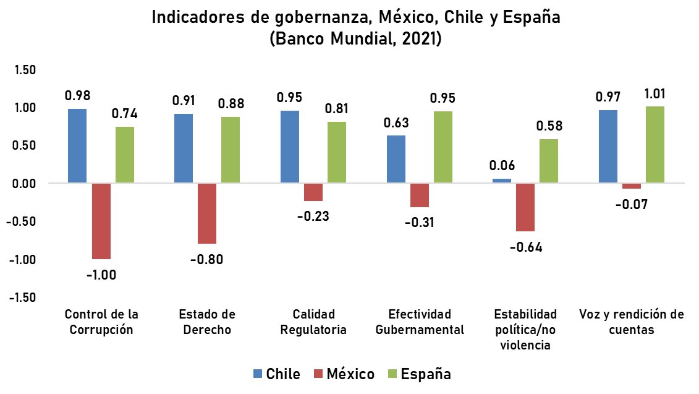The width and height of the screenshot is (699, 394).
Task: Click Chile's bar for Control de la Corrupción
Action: (77, 146)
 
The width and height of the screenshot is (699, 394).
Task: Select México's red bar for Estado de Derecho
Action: (207, 213)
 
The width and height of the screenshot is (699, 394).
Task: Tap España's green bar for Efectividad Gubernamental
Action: (443, 147)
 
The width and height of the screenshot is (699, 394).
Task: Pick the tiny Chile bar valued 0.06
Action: (502, 181)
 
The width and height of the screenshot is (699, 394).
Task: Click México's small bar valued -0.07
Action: (632, 186)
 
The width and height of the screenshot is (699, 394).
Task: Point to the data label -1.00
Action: (101, 275)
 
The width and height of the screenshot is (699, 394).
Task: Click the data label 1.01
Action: (655, 94)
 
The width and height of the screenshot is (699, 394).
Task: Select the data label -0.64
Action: (525, 247)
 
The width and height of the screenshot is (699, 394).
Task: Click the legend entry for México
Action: (344, 374)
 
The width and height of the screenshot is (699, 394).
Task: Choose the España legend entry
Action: (418, 374)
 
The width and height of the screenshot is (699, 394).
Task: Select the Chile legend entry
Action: (276, 374)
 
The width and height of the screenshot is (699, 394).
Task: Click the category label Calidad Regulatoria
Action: (313, 322)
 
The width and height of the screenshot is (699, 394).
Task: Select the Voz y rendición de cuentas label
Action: (631, 322)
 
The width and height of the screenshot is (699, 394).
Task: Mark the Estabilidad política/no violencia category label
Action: (525, 330)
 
